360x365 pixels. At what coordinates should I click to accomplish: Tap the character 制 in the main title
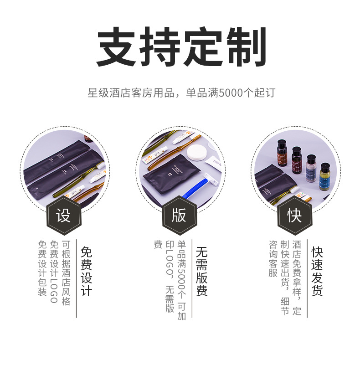(x=246, y=48)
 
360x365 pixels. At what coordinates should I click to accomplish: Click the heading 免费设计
(x=87, y=272)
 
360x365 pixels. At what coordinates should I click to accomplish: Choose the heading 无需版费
(x=202, y=272)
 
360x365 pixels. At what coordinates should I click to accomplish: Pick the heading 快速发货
(x=318, y=272)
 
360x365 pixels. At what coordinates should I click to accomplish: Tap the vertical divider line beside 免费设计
(x=76, y=278)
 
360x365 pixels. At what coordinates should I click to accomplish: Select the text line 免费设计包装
(x=42, y=268)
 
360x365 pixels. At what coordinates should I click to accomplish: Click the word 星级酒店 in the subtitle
(x=105, y=93)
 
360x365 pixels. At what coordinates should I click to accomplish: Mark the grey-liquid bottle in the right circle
(x=311, y=168)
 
